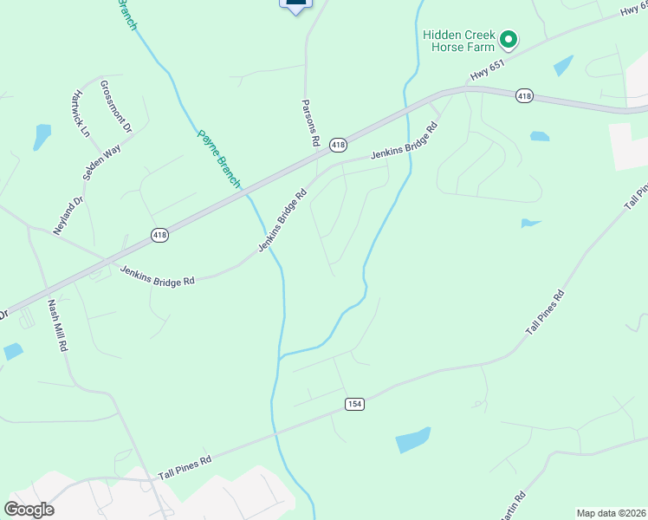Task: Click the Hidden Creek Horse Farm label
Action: (x=457, y=41)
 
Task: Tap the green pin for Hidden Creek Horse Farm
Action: (x=509, y=39)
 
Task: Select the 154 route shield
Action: (x=353, y=404)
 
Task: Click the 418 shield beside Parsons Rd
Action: (x=338, y=145)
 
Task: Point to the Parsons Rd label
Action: (x=311, y=122)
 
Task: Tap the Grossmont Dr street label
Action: (x=116, y=106)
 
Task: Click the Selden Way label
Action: (x=101, y=162)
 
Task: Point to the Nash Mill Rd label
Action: (x=57, y=325)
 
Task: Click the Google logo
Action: (x=29, y=510)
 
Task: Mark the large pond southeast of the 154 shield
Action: (x=412, y=440)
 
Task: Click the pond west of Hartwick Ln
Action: (x=42, y=136)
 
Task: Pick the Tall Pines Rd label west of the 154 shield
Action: (x=184, y=468)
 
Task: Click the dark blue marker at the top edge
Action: (x=295, y=5)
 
